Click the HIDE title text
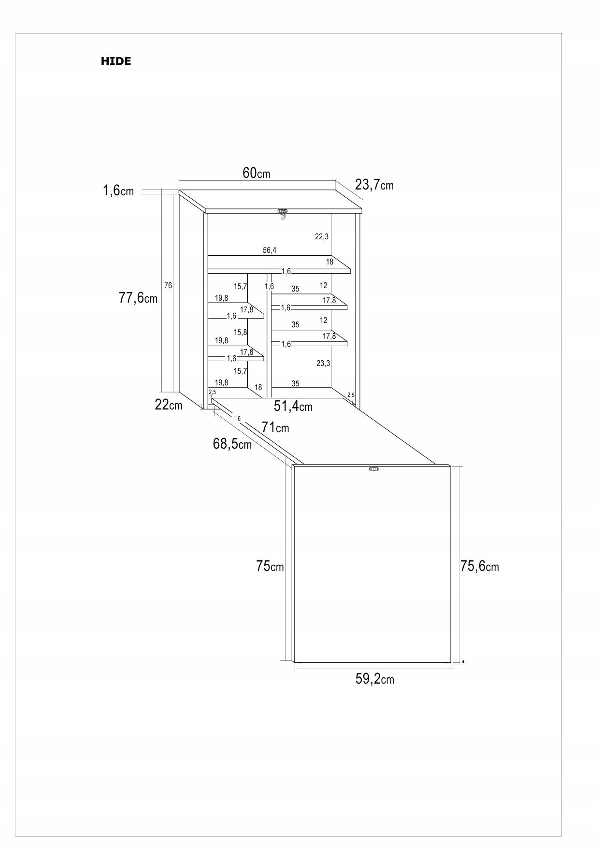click(116, 61)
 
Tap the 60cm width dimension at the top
click(257, 173)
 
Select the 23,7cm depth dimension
click(374, 185)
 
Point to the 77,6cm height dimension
click(138, 298)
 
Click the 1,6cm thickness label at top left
click(118, 191)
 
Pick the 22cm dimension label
click(169, 405)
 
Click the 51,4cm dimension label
click(293, 406)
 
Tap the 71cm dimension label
click(275, 427)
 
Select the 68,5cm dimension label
click(232, 443)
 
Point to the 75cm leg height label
click(270, 566)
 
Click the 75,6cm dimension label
click(480, 566)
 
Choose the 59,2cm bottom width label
click(375, 679)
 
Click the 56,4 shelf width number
click(270, 250)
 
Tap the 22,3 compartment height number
click(322, 236)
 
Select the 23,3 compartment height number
click(323, 363)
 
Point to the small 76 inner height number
click(168, 285)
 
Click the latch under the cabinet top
click(283, 213)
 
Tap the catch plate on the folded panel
click(374, 468)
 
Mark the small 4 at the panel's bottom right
click(463, 661)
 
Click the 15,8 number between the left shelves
click(241, 332)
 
